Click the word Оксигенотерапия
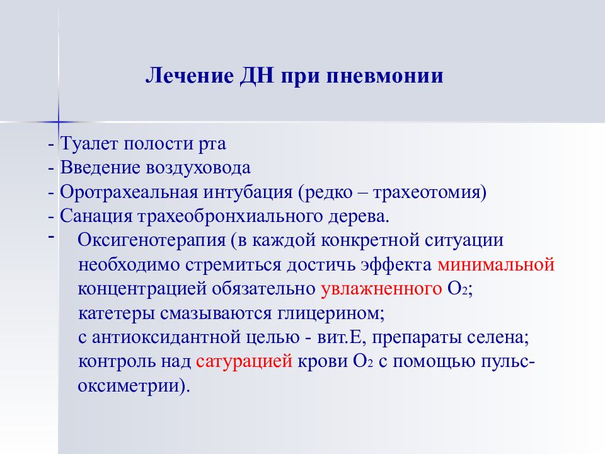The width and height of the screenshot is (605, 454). pos(150,242)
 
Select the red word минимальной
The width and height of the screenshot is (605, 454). pos(495,265)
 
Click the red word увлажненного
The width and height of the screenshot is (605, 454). pos(380,289)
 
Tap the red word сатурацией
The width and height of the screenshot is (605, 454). pos(243,361)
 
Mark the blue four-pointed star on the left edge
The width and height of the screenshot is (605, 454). pos(58,120)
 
